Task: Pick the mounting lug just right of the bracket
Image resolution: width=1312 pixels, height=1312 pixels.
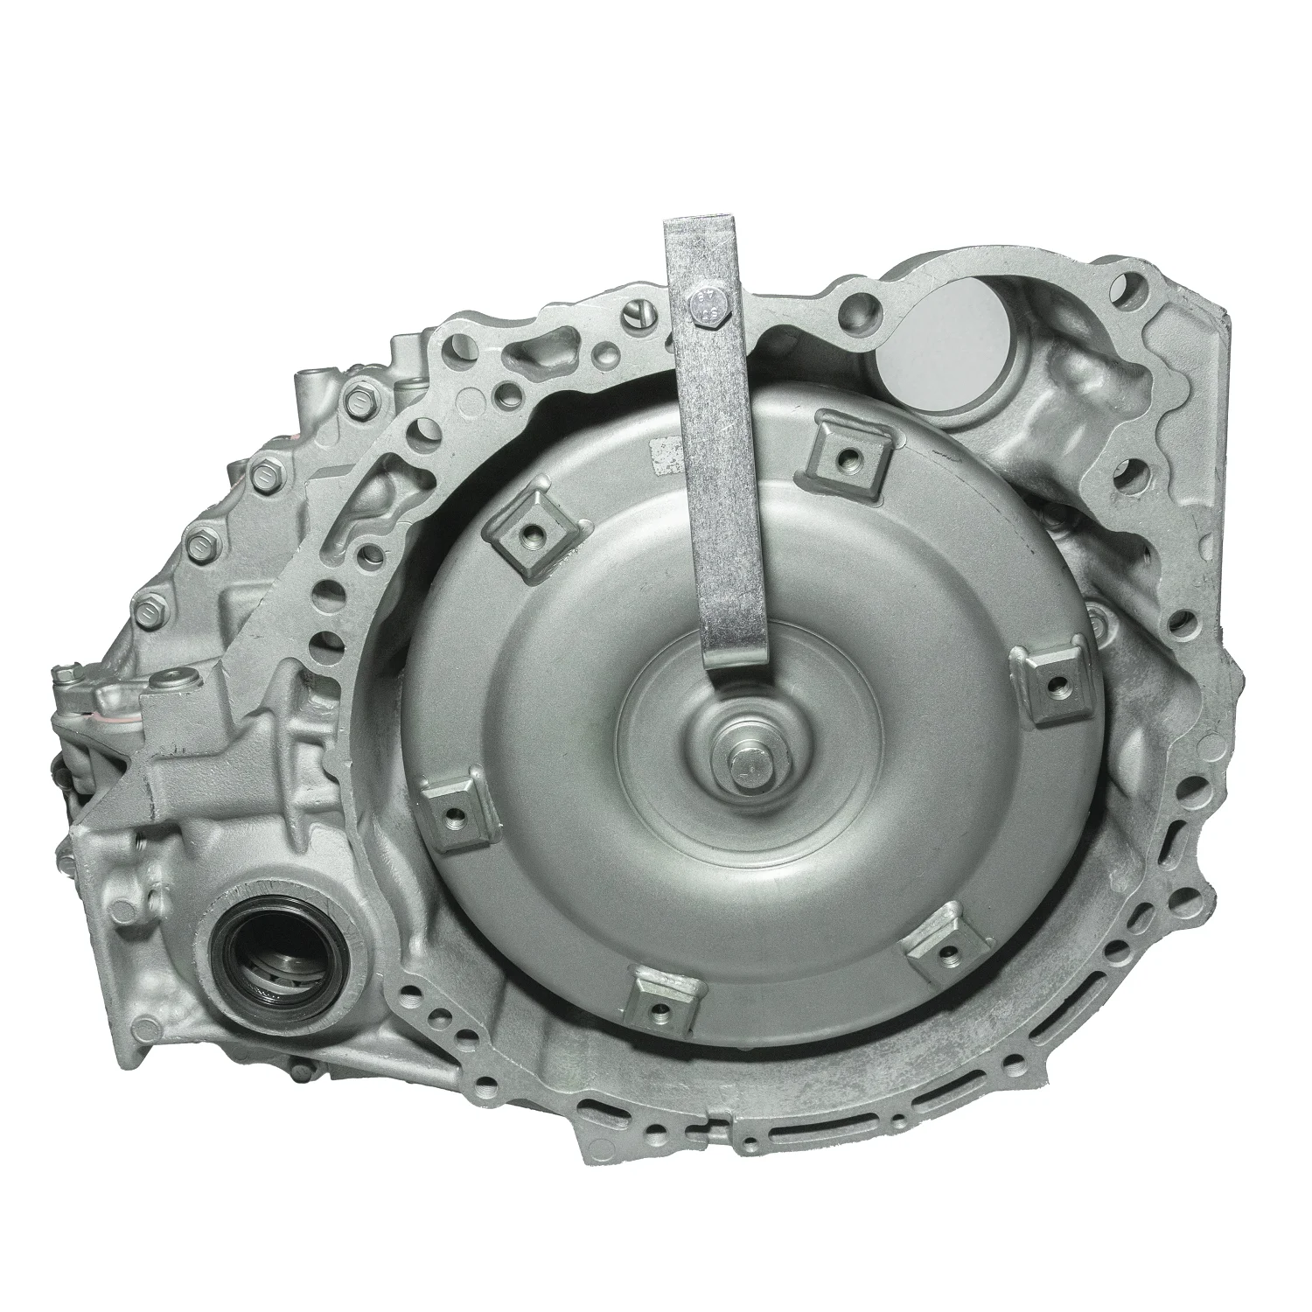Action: pyautogui.click(x=845, y=452)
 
